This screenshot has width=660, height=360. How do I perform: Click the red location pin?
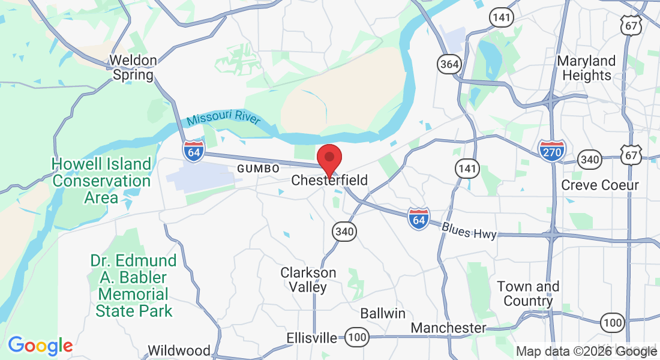[x=329, y=160]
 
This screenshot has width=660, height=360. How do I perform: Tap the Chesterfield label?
[x=329, y=180]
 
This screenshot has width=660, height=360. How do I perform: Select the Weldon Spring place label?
[x=133, y=68]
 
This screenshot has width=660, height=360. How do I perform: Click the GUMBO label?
[x=259, y=169]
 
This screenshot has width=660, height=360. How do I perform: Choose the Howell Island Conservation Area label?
[x=101, y=181]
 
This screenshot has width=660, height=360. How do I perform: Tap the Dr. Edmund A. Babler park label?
[x=133, y=286]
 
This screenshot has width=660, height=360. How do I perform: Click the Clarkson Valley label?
[x=308, y=280]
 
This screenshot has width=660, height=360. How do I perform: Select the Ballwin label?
[x=383, y=313]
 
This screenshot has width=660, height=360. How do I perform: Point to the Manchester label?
[x=448, y=328]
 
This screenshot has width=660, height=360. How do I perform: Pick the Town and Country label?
[x=528, y=293]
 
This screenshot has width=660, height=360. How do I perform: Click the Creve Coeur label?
[x=600, y=185]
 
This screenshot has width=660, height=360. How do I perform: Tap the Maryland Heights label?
[x=586, y=68]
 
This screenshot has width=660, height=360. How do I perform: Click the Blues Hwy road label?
[x=469, y=230]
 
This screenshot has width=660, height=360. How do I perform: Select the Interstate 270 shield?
[x=551, y=152]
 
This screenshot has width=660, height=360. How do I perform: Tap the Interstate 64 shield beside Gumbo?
[x=194, y=151]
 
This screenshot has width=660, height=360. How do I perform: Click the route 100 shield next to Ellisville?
[x=358, y=338]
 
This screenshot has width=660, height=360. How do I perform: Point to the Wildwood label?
[x=179, y=350]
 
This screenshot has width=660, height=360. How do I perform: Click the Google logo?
[x=40, y=346]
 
